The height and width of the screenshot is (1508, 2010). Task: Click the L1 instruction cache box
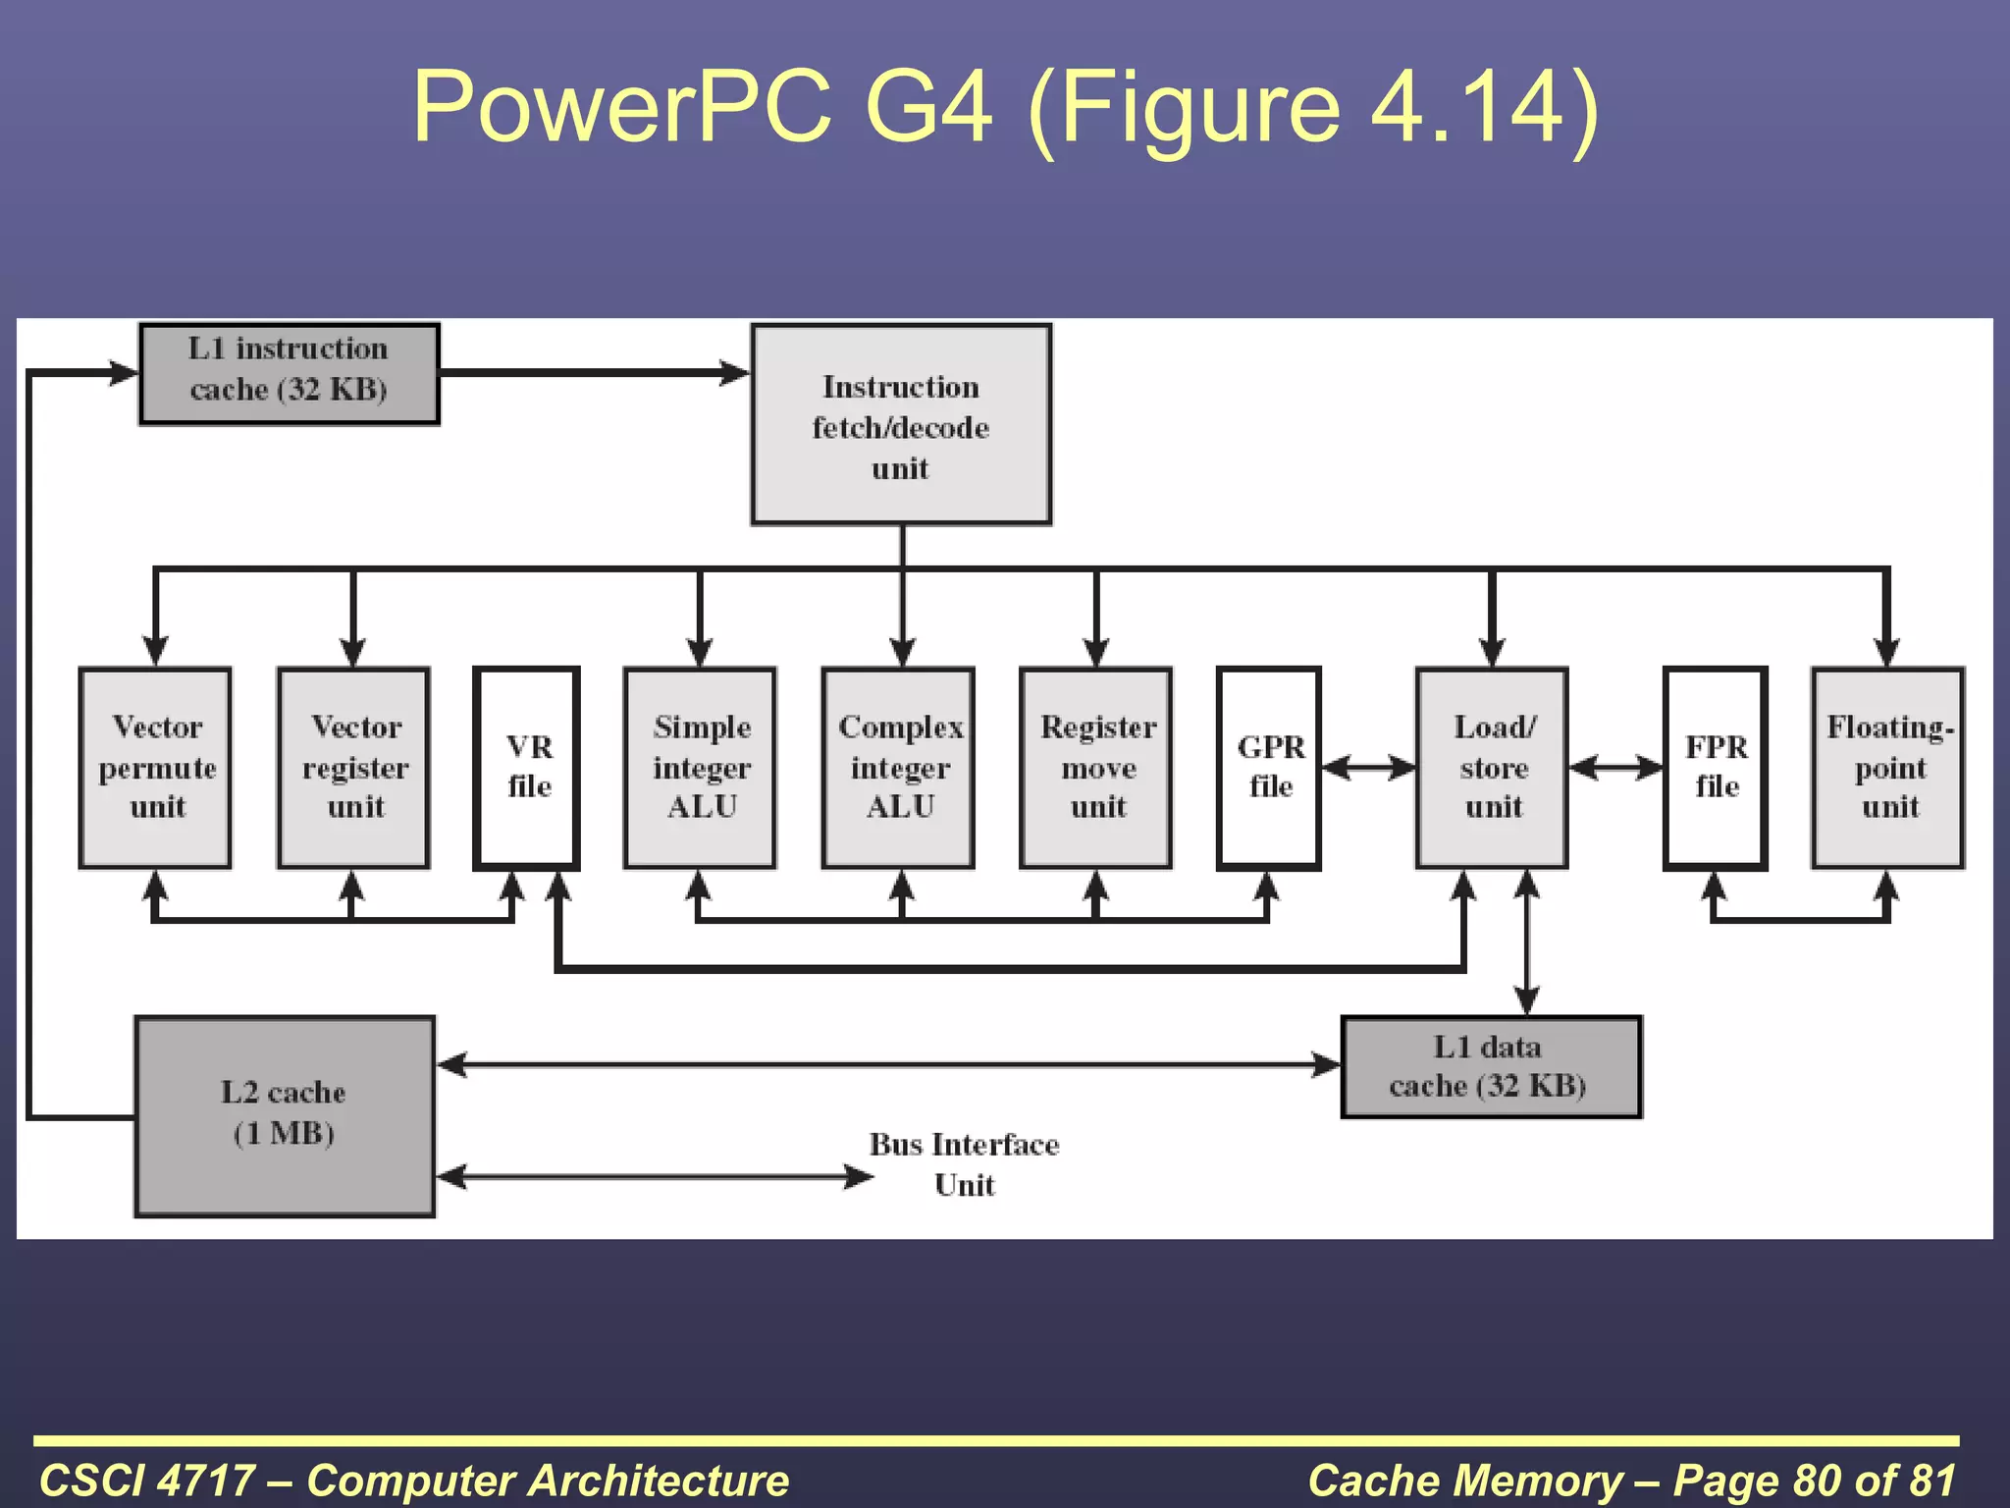[x=289, y=373]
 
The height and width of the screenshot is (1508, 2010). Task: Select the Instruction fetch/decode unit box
[x=901, y=424]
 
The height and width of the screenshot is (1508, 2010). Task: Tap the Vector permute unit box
[x=155, y=768]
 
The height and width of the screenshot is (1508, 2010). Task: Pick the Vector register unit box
[x=353, y=768]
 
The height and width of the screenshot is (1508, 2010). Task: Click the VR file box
[x=527, y=768]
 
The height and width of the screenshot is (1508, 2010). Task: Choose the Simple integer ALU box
[x=700, y=768]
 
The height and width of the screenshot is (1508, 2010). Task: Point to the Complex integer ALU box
[x=898, y=768]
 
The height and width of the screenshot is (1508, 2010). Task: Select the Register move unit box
[x=1096, y=768]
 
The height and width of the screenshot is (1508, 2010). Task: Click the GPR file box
[x=1269, y=768]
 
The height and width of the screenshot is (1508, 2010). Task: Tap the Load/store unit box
[x=1492, y=768]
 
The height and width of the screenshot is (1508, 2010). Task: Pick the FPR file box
[x=1716, y=768]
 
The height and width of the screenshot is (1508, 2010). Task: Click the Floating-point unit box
[x=1887, y=768]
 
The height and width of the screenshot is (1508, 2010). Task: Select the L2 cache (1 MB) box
[x=285, y=1116]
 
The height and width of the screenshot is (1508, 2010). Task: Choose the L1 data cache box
[x=1491, y=1067]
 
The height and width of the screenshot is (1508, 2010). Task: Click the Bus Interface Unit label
[x=964, y=1164]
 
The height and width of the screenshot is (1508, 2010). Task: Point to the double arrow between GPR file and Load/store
[x=1368, y=768]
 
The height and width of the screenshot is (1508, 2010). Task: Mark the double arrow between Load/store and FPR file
[x=1615, y=768]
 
